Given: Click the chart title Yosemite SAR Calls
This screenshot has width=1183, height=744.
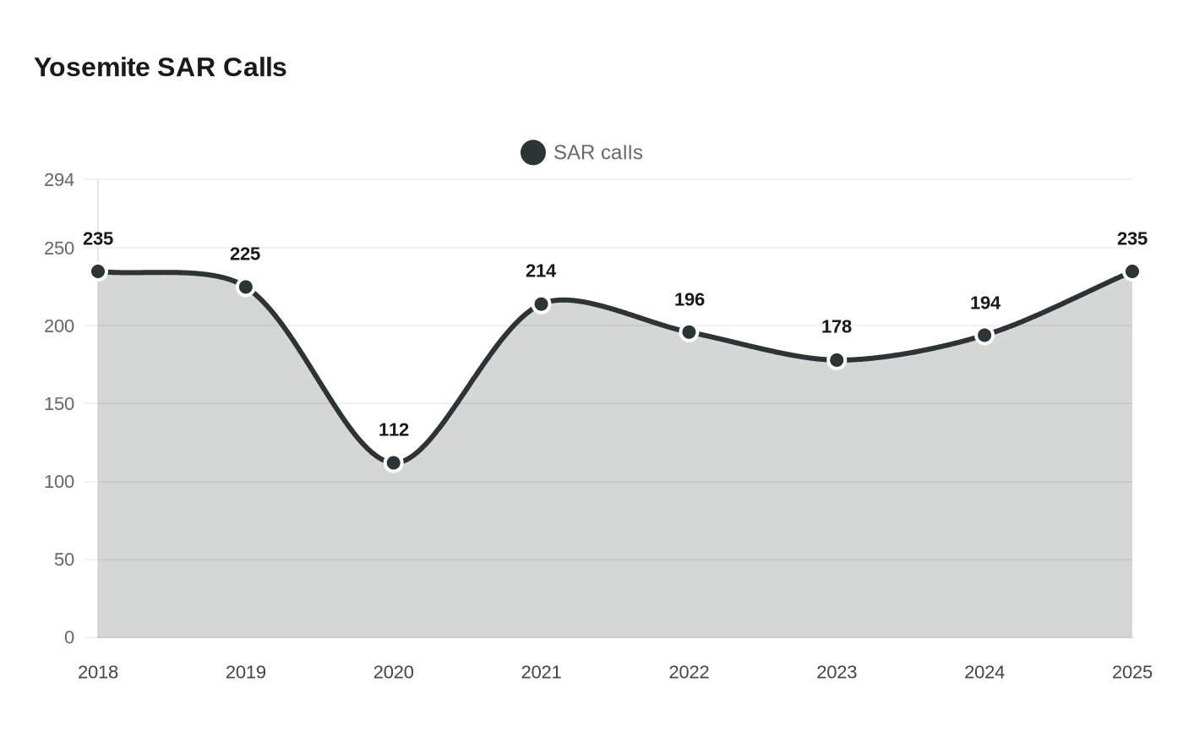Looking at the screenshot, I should coord(160,68).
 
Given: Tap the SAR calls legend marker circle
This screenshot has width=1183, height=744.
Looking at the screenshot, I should coord(532,153).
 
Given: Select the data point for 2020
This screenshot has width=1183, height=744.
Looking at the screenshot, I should coord(393,462).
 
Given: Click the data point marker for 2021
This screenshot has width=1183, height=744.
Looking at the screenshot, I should coord(541,304).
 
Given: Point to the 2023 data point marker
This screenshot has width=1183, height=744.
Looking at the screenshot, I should coord(837,360).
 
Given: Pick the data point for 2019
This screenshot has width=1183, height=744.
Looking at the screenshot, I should coord(246,287).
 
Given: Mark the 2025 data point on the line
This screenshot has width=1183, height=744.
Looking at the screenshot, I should coord(1131,271).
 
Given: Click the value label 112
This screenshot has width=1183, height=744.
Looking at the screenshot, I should coord(393,429).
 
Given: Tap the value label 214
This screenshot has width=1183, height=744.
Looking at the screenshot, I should coord(541,271).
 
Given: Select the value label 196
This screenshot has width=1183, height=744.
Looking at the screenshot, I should coord(689,299).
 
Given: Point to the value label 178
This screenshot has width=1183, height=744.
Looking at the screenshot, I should coord(837,326).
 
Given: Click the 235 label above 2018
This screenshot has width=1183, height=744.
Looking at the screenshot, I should coord(98,238).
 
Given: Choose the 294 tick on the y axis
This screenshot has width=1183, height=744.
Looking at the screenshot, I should coord(59,180).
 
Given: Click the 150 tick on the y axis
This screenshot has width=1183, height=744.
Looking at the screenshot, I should coord(59,404).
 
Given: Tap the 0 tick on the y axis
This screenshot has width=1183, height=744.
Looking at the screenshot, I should coord(69,637).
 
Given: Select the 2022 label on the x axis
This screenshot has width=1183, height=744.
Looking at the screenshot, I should coord(689,672).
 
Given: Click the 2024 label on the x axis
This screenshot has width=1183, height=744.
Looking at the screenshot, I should coord(984,672).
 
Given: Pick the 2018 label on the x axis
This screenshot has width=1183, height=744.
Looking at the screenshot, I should coord(98,672).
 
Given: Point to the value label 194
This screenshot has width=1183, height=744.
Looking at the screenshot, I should coord(984,303).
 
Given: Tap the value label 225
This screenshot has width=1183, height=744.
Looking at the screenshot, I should coord(245,254).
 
